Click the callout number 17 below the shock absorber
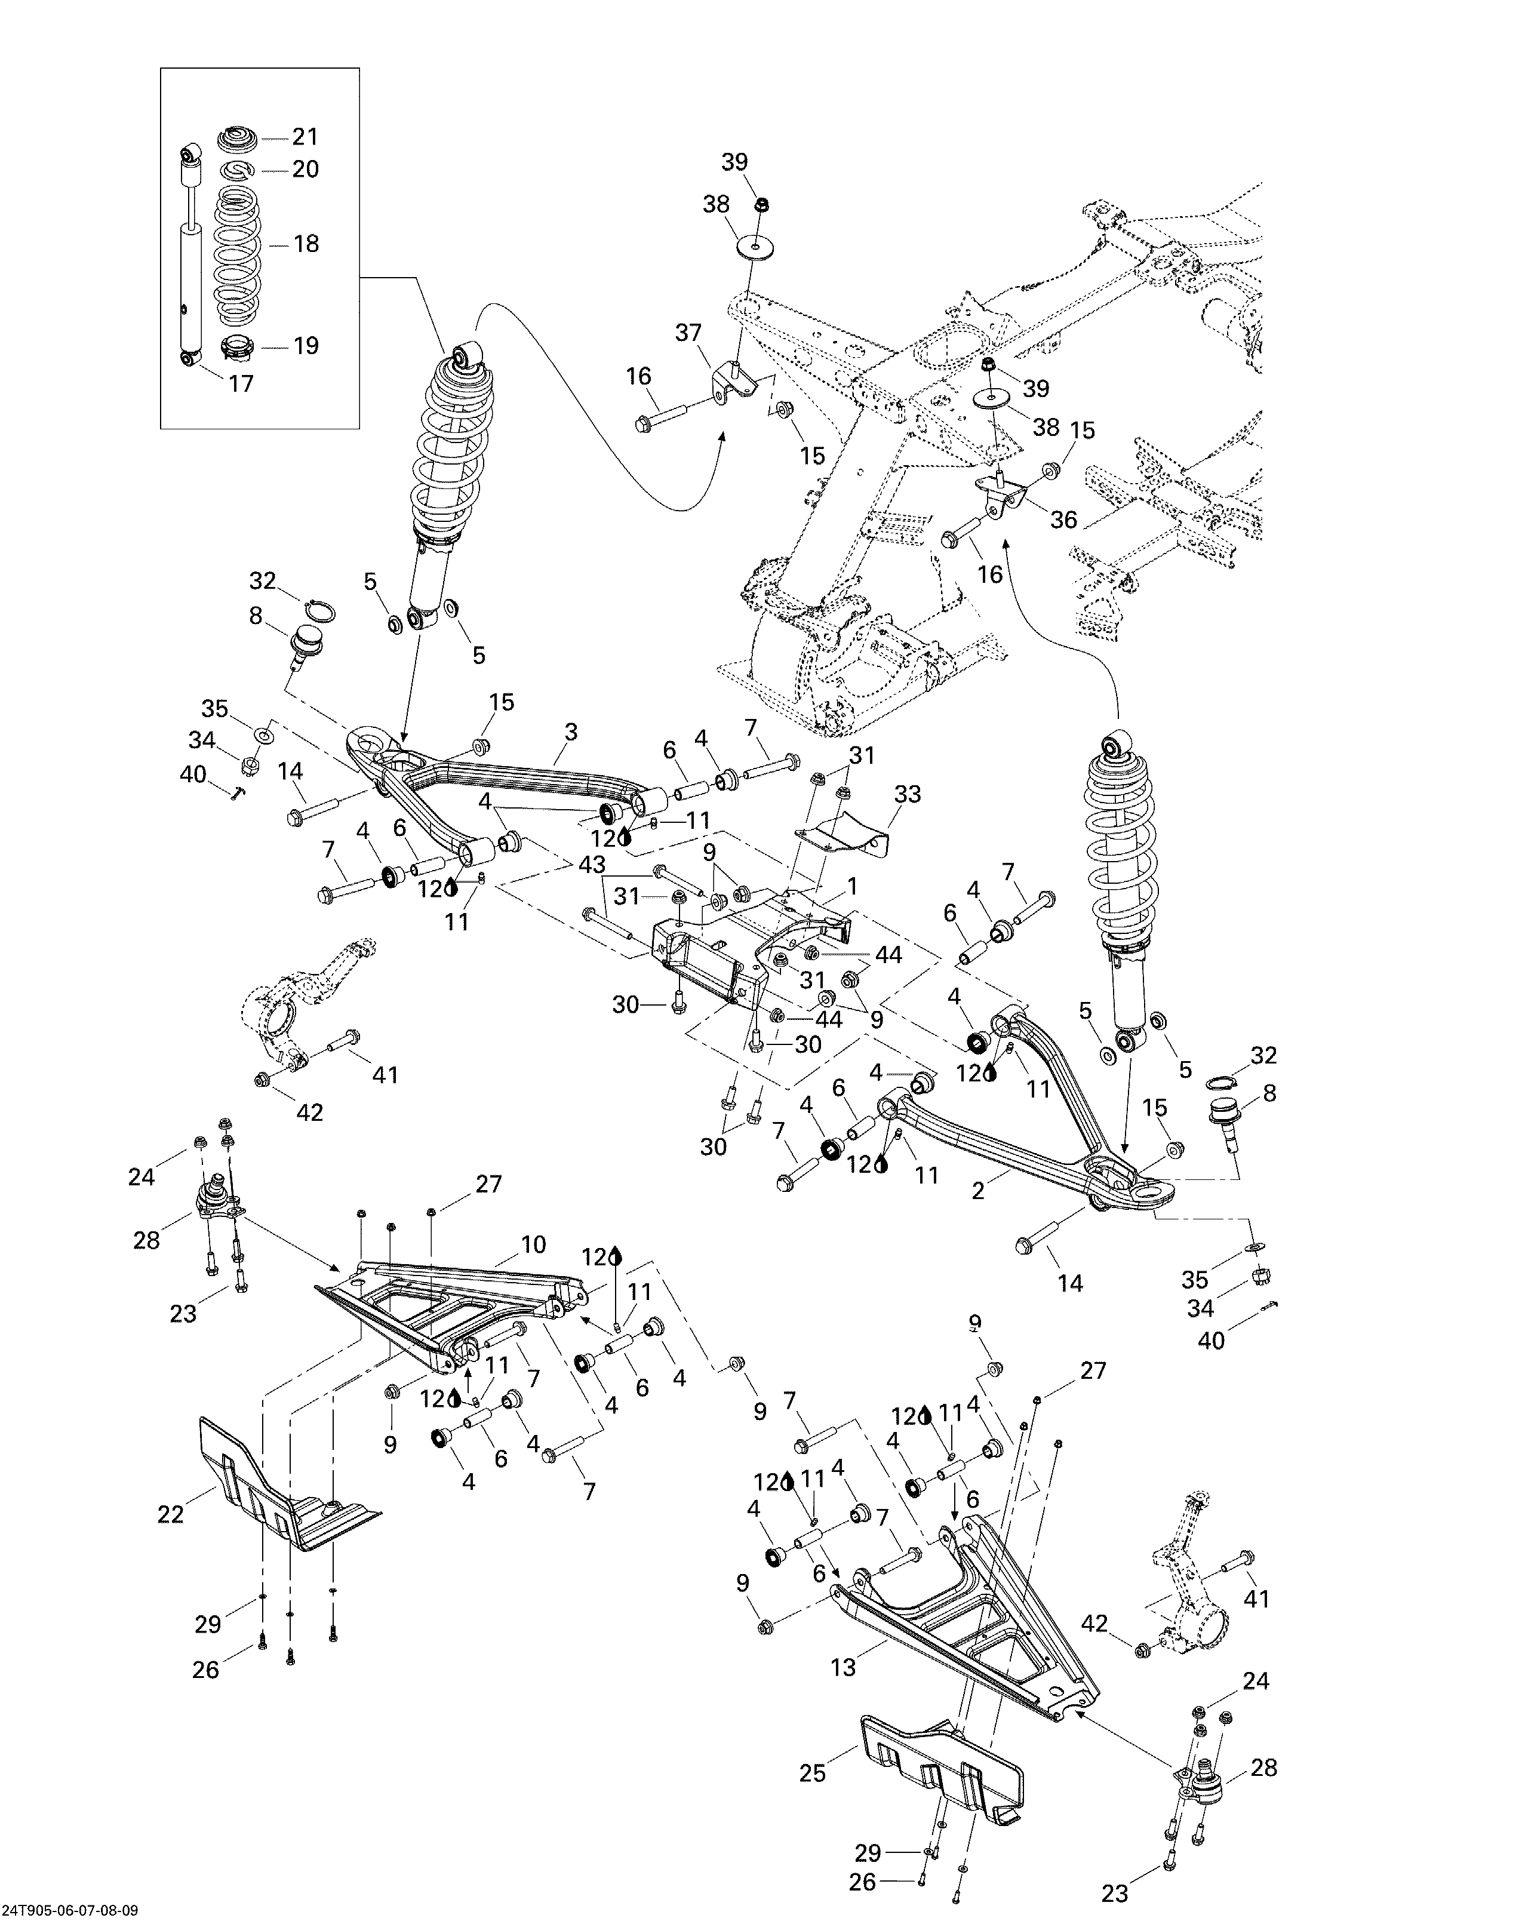click(241, 384)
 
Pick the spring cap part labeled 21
click(237, 140)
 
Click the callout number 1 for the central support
click(852, 887)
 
